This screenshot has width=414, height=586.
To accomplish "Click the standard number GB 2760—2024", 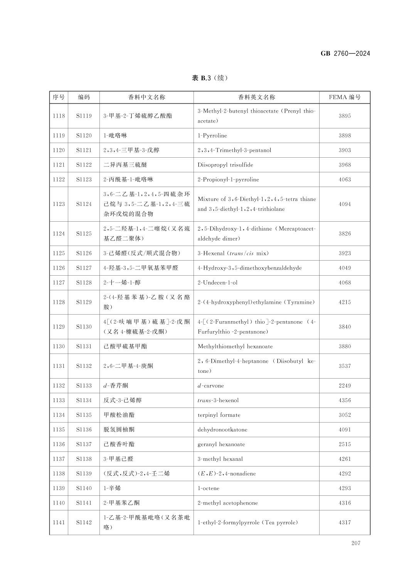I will point(345,54).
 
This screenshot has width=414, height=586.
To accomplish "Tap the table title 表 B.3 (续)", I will point(210,78).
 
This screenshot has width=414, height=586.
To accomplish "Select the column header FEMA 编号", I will point(345,97).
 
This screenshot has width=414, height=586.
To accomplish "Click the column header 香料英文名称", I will point(256,97).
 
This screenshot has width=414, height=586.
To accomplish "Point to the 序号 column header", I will point(59,97).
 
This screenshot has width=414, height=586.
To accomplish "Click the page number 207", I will point(355,543).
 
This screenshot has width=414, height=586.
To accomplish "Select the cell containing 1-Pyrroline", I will point(212,136).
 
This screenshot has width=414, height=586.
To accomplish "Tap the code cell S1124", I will point(84,204).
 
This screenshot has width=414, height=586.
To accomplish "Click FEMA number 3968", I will point(345,165).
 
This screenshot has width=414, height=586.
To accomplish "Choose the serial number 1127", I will point(59,283).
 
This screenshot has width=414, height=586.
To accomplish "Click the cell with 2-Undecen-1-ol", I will point(217,283).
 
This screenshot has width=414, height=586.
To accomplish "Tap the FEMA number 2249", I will point(345,386).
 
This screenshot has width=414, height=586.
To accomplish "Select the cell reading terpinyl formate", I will point(219,415).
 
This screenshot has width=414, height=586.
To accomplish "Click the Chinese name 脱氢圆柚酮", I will point(119,430).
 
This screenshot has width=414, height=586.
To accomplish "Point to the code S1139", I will point(84,474).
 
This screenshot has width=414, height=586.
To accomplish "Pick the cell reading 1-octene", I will point(209,488).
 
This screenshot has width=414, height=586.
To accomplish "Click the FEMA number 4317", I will point(345,523).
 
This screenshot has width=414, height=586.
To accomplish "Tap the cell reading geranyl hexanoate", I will point(221,445).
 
